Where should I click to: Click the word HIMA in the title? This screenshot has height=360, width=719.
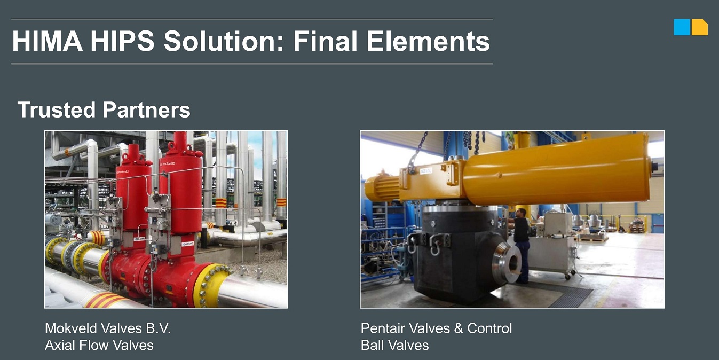[x=48, y=41]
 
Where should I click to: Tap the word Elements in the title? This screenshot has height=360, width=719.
[x=428, y=41]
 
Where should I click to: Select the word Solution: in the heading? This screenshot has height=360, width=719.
[x=224, y=41]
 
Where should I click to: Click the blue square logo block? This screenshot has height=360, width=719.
[x=682, y=27]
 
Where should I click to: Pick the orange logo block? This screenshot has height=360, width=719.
[x=700, y=27]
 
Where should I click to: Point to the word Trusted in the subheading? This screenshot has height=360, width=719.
[x=57, y=109]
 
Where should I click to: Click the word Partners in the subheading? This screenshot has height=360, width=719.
[x=146, y=109]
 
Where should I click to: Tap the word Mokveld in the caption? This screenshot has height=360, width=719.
[x=71, y=328]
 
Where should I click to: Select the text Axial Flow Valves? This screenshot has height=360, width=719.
[x=99, y=345]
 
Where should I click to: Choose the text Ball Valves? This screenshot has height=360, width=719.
[x=395, y=345]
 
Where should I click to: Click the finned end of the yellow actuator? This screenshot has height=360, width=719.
[x=382, y=188]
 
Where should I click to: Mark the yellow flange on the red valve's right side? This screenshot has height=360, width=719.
[x=210, y=284]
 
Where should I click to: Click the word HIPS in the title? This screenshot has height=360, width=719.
[x=122, y=41]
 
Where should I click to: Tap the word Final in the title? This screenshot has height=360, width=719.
[x=325, y=41]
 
